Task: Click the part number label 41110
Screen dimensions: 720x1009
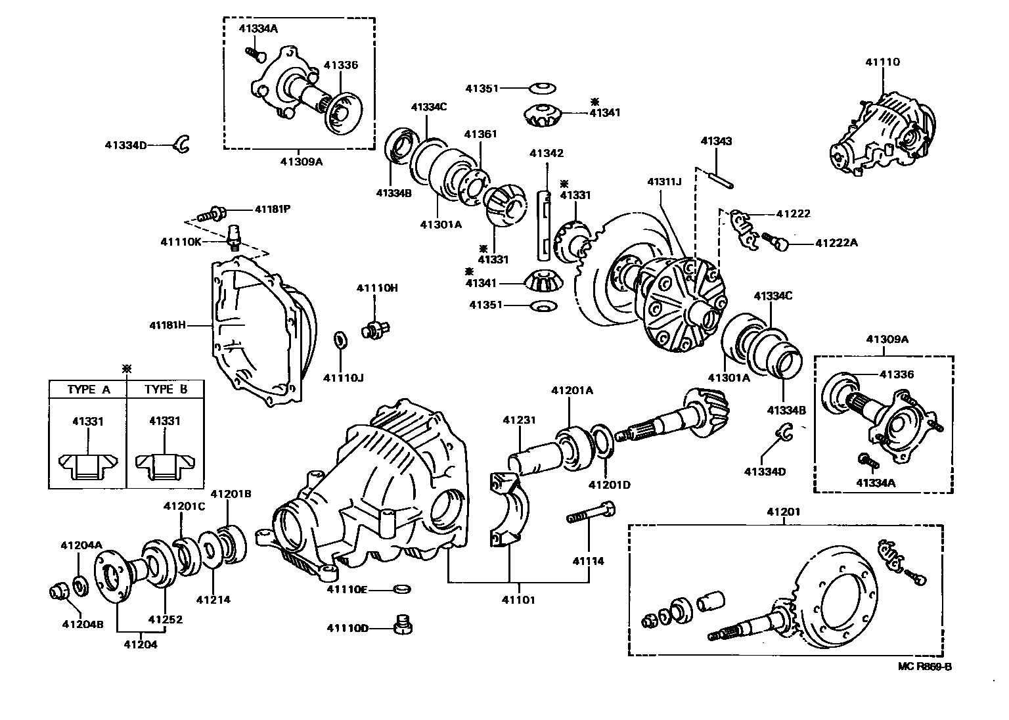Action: [x=882, y=62]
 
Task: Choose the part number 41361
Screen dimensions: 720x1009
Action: [x=480, y=134]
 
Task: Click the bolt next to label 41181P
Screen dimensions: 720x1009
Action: [x=214, y=213]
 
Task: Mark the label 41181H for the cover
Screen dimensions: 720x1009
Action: [x=168, y=325]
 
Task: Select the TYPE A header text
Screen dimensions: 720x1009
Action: [x=89, y=390]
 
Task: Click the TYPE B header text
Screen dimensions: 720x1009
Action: [x=166, y=389]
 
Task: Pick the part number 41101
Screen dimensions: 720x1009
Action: [x=519, y=600]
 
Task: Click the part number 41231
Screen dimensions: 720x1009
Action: [x=520, y=420]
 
